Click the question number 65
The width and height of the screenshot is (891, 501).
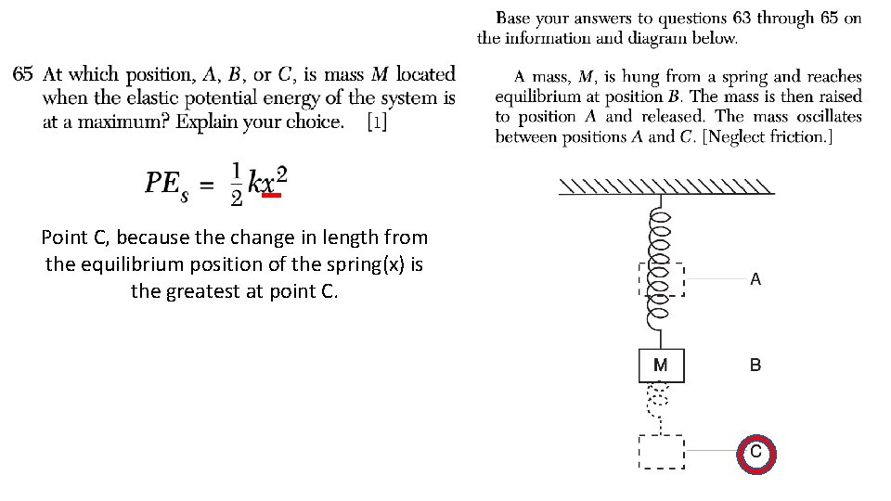pos(23,74)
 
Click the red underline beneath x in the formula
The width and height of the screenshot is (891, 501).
pos(271,196)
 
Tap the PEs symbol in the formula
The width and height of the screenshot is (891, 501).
pos(167,185)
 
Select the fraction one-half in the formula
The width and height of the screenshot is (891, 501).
pos(237,185)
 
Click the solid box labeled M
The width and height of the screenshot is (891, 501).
pos(661,365)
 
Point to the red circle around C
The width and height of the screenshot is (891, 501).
pos(755,452)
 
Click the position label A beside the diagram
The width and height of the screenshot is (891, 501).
pos(755,278)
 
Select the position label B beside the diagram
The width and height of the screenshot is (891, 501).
pos(755,366)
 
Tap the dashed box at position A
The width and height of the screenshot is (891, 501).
pos(662,278)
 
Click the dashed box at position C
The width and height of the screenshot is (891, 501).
pos(661,452)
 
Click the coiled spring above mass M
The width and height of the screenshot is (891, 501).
pos(661,269)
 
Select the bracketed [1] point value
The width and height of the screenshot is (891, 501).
pos(378,122)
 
